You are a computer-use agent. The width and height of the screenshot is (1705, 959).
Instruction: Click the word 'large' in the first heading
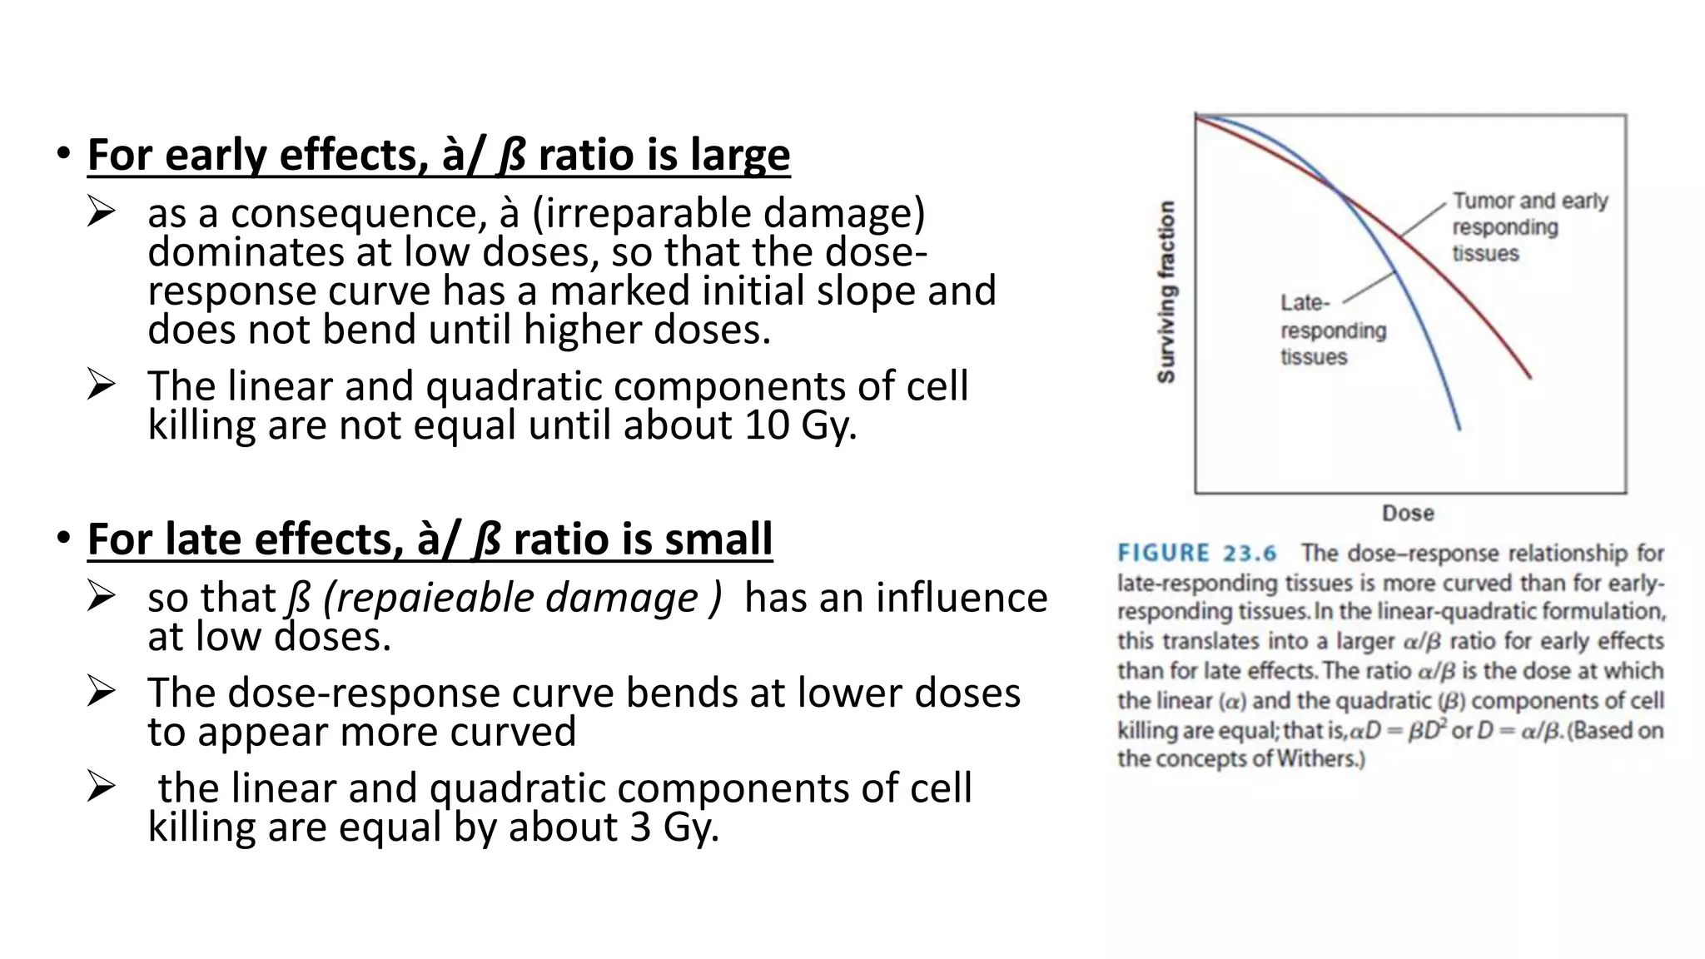coord(739,156)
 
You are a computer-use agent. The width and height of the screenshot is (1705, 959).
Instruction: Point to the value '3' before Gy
coord(639,827)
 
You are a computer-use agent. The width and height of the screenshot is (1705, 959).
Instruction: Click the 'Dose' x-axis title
coord(1408,513)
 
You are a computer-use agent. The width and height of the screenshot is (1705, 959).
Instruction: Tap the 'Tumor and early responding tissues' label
coord(1529,226)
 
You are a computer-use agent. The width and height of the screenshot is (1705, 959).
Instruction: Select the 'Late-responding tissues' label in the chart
coord(1332,330)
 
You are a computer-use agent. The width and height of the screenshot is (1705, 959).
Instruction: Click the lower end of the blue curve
coord(1459,428)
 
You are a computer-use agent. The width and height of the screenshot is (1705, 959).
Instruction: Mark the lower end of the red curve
coord(1529,377)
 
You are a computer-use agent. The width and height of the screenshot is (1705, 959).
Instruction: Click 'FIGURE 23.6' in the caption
coord(1196,554)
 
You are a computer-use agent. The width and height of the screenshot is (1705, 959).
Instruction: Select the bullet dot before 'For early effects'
coord(63,154)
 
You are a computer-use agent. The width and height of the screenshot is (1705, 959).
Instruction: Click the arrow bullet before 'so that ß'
coord(101,597)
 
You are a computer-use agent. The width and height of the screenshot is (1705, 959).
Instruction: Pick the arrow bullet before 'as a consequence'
coord(101,212)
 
